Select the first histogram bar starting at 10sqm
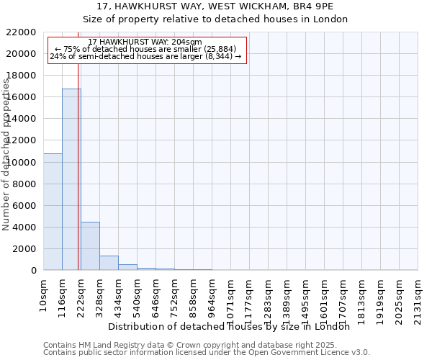tap(53, 212)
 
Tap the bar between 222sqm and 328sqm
tap(90, 246)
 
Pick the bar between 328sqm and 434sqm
tap(109, 263)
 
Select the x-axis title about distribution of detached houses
tap(230, 326)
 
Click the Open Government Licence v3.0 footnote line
tap(207, 353)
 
